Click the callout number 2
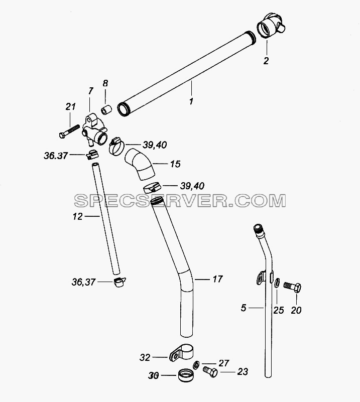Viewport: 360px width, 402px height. point(266,61)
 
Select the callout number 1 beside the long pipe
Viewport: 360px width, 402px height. point(191,101)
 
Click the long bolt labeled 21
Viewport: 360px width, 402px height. point(70,131)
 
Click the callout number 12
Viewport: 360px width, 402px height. point(77,217)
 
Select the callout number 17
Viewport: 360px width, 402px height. point(218,279)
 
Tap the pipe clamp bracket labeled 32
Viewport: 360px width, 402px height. point(181,352)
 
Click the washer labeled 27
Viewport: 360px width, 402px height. point(196,365)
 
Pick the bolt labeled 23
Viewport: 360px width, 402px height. point(210,371)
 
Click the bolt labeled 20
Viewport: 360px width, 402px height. point(292,287)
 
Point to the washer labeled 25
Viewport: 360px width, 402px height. point(277,283)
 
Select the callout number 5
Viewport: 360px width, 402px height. point(244,308)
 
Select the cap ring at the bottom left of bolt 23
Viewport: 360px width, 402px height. point(186,375)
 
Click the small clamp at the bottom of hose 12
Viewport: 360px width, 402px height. point(119,282)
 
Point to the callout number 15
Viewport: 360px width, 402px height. point(175,164)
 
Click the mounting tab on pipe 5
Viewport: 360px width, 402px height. point(261,278)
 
